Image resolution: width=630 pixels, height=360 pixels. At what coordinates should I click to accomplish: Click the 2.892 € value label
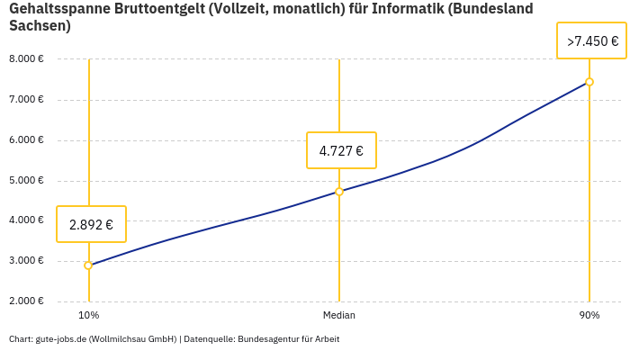91,225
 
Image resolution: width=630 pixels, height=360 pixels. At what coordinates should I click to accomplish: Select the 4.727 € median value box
341,150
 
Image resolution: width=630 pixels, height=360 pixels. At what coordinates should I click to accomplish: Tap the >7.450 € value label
591,41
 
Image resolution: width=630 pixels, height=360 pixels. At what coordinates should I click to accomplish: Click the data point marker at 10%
88,265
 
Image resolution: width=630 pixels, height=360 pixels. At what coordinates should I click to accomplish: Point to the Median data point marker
339,192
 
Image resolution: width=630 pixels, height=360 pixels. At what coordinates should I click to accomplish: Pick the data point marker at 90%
589,82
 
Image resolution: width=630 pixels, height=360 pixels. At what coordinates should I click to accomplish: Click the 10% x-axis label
88,316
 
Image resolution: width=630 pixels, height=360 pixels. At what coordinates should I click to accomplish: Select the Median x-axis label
339,316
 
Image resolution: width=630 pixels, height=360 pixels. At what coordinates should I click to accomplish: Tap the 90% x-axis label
589,316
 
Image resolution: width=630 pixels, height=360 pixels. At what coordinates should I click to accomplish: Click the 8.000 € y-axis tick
26,59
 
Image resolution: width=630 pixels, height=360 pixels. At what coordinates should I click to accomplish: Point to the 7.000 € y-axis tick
26,100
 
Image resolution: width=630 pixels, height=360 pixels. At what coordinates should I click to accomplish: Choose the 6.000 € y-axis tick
26,140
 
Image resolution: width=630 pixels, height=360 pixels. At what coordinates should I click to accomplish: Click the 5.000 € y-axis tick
26,181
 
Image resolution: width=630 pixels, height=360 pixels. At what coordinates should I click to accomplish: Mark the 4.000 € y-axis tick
26,220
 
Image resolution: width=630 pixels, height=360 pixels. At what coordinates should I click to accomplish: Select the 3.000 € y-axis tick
26,261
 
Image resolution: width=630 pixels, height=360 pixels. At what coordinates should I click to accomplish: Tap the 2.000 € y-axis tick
26,301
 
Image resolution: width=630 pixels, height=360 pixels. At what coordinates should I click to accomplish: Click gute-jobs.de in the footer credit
60,339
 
